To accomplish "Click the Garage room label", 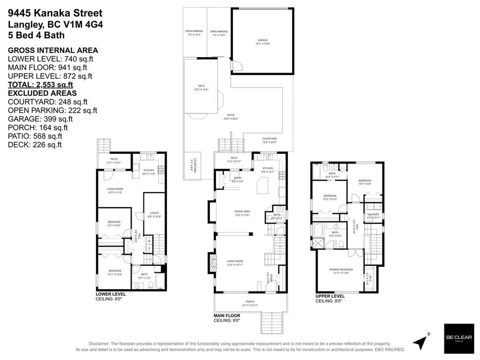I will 262,42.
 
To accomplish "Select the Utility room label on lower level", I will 154,215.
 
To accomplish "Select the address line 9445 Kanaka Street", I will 55,14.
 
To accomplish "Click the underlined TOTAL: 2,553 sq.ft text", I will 40,85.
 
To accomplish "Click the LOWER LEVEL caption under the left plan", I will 110,294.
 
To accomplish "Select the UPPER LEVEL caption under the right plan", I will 330,297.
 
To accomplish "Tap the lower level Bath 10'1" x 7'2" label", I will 144,276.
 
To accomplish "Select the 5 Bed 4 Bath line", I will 36,35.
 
